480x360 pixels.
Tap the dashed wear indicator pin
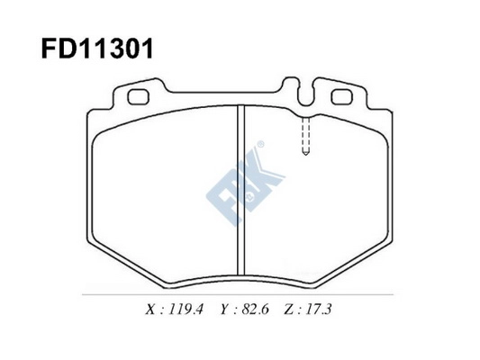pos(305,135)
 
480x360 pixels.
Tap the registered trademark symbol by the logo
pos(261,145)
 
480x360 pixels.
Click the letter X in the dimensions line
pos(149,310)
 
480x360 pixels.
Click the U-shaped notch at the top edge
pos(298,90)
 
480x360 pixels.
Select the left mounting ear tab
pos(139,94)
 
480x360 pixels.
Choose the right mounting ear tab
pos(342,94)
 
